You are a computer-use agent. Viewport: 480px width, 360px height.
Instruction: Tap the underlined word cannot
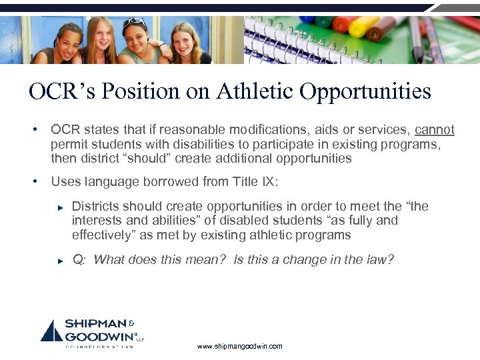(x=435, y=129)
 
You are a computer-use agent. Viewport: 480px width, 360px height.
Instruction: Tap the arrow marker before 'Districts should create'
(x=59, y=207)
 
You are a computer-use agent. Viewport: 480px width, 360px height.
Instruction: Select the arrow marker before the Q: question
(x=59, y=261)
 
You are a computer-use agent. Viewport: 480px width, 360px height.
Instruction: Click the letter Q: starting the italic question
(x=79, y=260)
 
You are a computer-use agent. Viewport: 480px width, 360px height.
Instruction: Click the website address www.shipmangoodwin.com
(x=240, y=346)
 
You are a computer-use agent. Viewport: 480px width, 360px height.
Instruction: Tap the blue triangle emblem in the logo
(x=51, y=331)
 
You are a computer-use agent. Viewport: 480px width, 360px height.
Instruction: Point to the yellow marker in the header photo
(x=364, y=27)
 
